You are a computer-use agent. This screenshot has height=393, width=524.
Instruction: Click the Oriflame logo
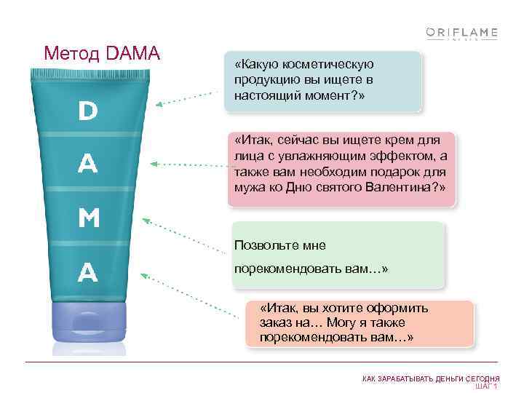(461, 33)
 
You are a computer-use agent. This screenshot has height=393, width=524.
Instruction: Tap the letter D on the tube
(88, 111)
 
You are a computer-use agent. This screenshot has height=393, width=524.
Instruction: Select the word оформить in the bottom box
(397, 308)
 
